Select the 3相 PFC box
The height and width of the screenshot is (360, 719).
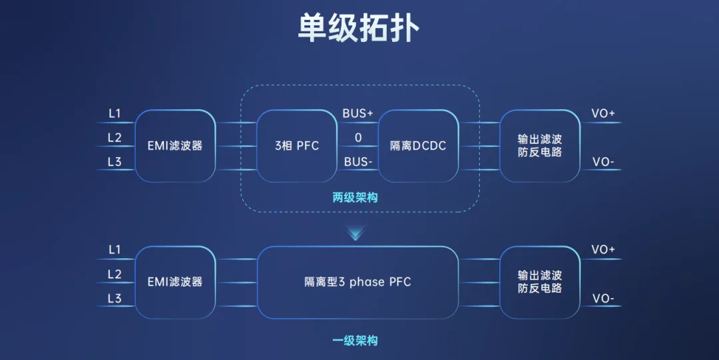click(296, 146)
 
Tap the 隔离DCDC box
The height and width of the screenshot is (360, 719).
click(418, 146)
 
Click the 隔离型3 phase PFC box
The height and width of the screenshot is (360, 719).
click(358, 282)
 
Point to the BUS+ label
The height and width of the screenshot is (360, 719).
click(358, 114)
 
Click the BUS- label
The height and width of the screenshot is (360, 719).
click(358, 162)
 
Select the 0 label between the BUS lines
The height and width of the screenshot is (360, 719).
click(358, 138)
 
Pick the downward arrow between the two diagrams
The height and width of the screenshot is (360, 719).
click(357, 233)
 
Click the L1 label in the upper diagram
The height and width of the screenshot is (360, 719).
click(115, 114)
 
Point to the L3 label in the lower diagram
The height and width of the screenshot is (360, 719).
click(115, 299)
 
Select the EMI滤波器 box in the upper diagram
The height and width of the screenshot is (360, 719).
click(175, 146)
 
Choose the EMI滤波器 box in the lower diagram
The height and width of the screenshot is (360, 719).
click(175, 282)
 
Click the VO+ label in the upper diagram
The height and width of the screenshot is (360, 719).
click(603, 114)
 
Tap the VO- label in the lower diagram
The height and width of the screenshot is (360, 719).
click(603, 299)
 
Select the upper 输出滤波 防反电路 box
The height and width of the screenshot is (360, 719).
click(540, 146)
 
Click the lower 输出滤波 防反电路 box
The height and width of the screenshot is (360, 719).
click(540, 282)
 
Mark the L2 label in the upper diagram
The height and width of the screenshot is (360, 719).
click(115, 138)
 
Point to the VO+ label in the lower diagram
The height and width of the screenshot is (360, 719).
click(603, 250)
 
